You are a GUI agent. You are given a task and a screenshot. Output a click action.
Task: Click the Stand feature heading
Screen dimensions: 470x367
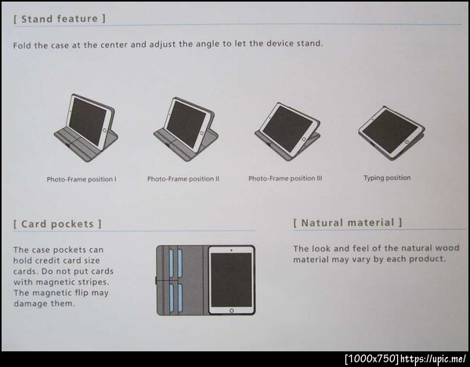click(60, 19)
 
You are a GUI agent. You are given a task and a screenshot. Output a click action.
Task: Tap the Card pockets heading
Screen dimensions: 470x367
click(57, 224)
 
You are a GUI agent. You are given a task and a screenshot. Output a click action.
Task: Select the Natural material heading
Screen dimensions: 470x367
click(347, 223)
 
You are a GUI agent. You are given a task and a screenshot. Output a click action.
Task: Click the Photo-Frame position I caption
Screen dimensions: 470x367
click(81, 179)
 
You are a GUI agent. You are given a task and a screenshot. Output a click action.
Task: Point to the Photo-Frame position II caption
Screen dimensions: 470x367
click(183, 178)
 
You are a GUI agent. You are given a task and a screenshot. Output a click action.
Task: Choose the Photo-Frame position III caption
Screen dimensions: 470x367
click(285, 178)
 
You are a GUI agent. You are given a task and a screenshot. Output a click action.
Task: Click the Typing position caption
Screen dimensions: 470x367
click(387, 178)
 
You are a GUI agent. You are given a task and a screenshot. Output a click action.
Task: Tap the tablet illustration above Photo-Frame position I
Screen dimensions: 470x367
click(86, 128)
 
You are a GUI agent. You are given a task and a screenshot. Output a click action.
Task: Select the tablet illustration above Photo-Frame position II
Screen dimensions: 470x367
click(186, 129)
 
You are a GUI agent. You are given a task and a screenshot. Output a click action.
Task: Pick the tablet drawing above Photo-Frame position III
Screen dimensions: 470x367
click(287, 131)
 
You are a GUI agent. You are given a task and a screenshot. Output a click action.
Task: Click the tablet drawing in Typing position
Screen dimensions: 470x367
click(392, 133)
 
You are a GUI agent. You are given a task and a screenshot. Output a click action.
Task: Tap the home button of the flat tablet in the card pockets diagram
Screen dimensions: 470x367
click(231, 311)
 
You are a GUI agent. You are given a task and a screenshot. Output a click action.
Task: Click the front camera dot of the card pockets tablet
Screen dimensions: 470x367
click(231, 250)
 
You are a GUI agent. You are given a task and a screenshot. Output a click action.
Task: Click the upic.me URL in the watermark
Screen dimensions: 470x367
click(433, 358)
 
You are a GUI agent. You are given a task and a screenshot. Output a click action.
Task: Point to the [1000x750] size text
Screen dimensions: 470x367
click(372, 358)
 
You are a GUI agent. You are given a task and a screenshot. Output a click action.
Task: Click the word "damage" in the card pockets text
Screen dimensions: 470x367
click(28, 304)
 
